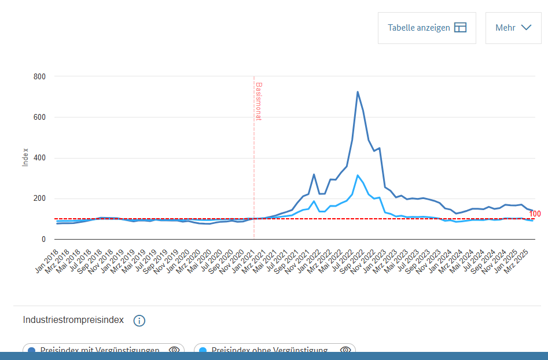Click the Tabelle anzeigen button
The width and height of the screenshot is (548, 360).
coord(426,28)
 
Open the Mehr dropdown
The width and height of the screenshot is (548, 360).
coord(513,28)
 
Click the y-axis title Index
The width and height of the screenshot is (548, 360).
coord(25,157)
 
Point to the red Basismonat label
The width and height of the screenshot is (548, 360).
coord(259,101)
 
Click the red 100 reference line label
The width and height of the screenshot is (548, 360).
coord(535,214)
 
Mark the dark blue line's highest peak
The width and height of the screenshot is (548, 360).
coord(358,91)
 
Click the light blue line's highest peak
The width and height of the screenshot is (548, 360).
coord(358,175)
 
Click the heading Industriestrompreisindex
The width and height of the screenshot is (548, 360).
coord(73,320)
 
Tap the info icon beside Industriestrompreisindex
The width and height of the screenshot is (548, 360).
coord(139,321)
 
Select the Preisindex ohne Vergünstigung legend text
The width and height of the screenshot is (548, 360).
coord(270,351)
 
